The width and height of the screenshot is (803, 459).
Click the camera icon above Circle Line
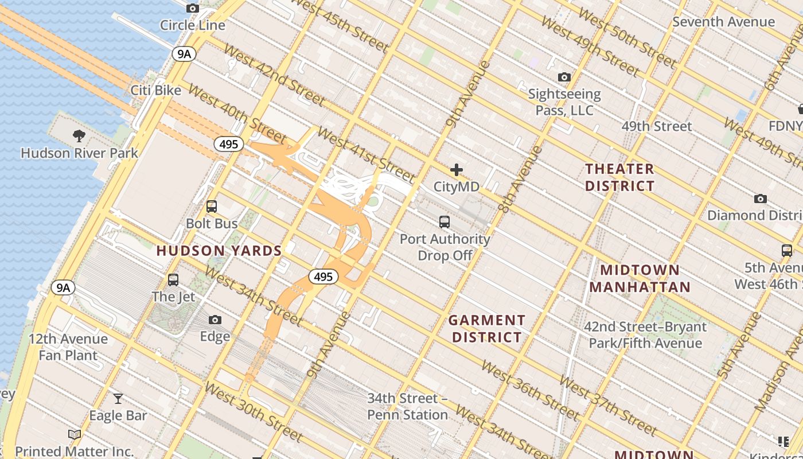[193, 8]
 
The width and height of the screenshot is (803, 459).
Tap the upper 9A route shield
[184, 54]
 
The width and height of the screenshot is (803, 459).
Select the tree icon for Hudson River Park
[79, 136]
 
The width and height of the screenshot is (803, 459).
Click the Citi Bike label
[155, 90]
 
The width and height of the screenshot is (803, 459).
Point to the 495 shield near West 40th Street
[228, 144]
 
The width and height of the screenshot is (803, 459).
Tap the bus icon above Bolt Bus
[212, 207]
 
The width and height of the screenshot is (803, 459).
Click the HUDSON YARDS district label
[219, 251]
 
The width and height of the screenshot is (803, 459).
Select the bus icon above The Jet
[173, 280]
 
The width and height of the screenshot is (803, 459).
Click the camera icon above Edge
[215, 320]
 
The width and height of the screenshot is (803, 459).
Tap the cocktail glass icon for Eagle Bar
[118, 398]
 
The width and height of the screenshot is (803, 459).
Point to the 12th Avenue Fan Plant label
[68, 347]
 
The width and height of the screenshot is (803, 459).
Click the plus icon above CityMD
[457, 170]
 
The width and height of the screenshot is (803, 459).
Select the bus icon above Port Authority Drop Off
[445, 221]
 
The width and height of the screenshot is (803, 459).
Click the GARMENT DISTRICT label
[487, 329]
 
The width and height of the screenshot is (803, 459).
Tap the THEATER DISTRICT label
[619, 177]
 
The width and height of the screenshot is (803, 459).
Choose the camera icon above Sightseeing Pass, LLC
[564, 77]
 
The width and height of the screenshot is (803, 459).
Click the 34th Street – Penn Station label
[407, 406]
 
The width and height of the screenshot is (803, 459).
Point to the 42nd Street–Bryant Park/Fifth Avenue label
[645, 335]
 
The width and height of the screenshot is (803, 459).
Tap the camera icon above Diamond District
[761, 199]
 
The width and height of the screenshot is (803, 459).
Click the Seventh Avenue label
[723, 22]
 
